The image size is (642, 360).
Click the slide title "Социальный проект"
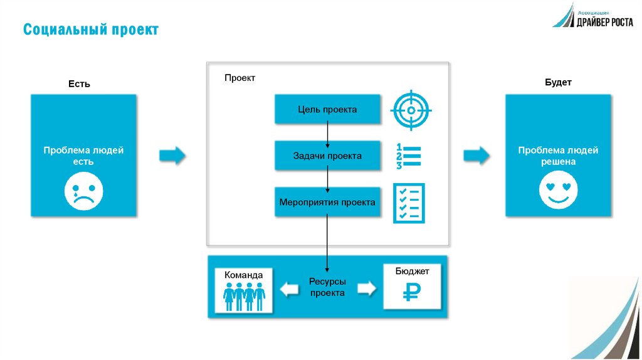[90, 29]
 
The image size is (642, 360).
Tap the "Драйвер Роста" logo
[593, 16]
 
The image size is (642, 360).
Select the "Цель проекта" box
[327, 109]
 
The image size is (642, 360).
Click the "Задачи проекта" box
[327, 156]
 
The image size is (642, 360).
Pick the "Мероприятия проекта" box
[327, 202]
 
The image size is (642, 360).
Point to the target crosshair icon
[411, 110]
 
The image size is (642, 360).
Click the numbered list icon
[408, 156]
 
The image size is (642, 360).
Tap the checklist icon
[409, 203]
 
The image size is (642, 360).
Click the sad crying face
[84, 191]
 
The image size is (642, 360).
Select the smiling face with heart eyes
[558, 190]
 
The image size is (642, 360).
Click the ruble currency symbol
[411, 292]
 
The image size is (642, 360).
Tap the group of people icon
[244, 297]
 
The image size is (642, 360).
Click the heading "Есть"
[79, 84]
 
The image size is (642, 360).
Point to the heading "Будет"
[558, 82]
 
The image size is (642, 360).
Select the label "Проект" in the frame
[239, 78]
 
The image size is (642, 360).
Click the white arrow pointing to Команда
[290, 289]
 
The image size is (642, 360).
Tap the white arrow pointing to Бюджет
[366, 288]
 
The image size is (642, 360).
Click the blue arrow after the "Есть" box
[172, 155]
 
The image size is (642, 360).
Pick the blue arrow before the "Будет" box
[476, 155]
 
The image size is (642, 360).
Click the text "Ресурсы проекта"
[327, 287]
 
